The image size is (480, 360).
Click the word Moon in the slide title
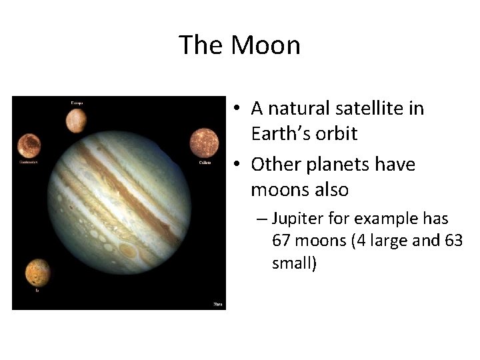point(265,45)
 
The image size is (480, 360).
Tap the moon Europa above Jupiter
point(76,120)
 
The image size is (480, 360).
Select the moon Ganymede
point(29,145)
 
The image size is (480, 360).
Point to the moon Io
point(37,272)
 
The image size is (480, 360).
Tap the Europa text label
point(77,103)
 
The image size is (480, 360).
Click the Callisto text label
point(205,162)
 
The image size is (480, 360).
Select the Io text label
point(37,290)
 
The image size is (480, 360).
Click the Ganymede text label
point(28,161)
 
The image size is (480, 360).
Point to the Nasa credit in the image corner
point(217,304)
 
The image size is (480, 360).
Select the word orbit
point(336,133)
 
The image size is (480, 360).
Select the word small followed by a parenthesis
point(294,263)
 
